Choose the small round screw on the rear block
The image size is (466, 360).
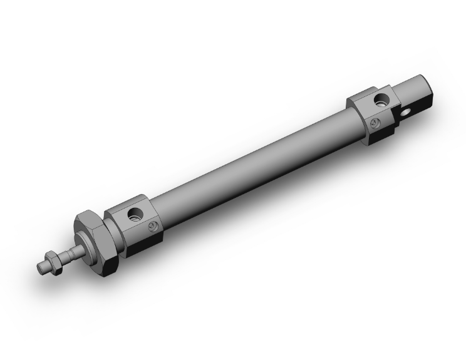(374, 123)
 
